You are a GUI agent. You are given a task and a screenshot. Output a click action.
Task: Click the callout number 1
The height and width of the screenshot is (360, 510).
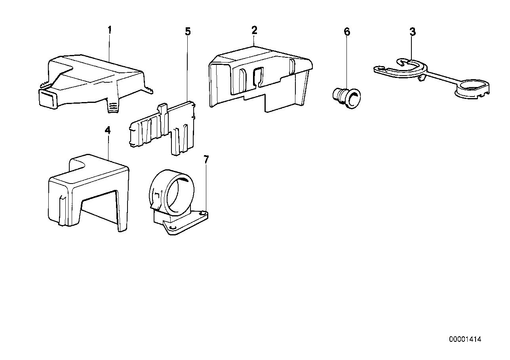[x=110, y=30]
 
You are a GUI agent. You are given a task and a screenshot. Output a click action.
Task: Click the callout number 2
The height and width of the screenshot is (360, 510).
[x=254, y=30]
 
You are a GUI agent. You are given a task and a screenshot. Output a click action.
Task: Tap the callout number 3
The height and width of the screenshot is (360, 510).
[x=413, y=32]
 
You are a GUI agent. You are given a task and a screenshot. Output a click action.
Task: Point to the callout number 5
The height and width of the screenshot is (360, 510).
[x=188, y=31]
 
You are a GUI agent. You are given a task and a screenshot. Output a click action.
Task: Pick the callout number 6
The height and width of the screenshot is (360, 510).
[x=347, y=32]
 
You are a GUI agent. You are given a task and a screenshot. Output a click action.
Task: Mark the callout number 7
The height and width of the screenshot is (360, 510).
[x=206, y=159]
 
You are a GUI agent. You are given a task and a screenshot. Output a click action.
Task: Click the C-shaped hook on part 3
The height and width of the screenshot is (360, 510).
[x=408, y=62]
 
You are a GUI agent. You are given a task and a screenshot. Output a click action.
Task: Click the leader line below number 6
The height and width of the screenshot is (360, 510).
[x=347, y=63]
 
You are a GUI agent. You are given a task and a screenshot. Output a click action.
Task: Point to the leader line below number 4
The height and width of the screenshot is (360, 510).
[x=108, y=147]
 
